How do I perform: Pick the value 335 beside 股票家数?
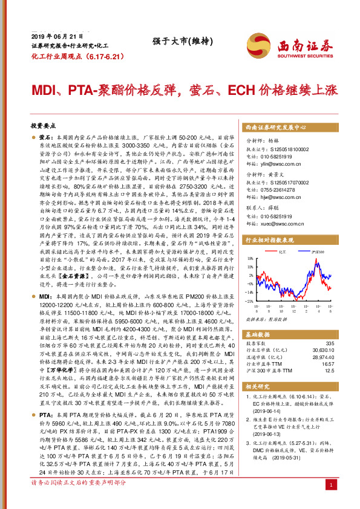point(329,343)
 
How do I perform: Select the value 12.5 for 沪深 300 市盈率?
point(329,371)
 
